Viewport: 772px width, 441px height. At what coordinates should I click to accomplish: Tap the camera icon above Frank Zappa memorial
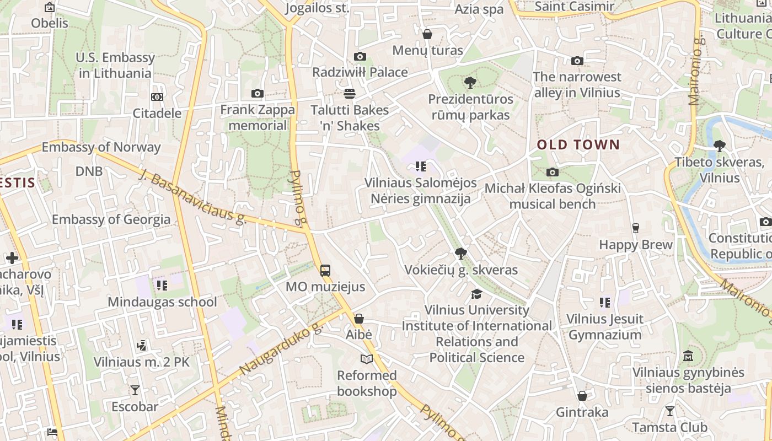[257, 94]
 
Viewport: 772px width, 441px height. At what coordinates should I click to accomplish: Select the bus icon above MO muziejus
[325, 270]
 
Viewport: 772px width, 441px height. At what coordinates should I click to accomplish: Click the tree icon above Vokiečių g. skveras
[460, 254]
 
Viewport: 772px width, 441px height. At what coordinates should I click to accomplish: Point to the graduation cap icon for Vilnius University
[476, 294]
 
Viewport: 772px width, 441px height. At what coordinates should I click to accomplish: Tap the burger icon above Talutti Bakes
[349, 93]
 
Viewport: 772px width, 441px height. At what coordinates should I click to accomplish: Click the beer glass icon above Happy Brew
[636, 228]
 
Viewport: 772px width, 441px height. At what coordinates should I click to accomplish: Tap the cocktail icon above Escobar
[135, 390]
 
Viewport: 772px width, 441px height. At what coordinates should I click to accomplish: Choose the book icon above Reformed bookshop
[367, 359]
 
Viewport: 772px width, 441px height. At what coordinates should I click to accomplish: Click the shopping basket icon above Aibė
[359, 319]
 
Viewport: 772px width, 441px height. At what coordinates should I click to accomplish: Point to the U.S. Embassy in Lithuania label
[116, 65]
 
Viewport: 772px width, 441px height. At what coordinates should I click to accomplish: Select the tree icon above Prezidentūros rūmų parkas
[470, 83]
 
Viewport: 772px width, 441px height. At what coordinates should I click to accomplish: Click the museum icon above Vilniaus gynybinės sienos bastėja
[688, 356]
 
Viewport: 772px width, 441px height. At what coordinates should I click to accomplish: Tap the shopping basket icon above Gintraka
[582, 396]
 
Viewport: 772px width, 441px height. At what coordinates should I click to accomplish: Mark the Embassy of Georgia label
[111, 219]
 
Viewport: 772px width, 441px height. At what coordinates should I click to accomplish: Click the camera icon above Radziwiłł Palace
[360, 56]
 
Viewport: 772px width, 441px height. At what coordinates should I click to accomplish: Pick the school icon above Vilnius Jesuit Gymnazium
[605, 303]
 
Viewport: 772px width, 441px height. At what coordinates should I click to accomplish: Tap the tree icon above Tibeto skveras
[719, 146]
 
